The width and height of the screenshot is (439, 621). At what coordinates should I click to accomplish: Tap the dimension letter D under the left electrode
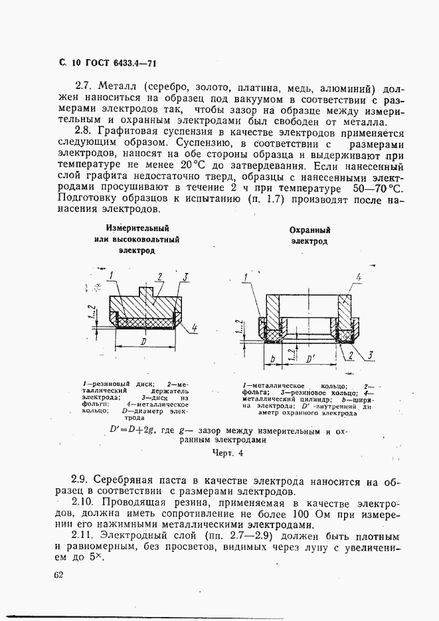pos(145,341)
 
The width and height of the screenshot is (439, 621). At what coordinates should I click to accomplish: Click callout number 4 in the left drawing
pos(195,327)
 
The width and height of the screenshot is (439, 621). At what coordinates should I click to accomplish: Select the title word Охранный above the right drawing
pos(309,230)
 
